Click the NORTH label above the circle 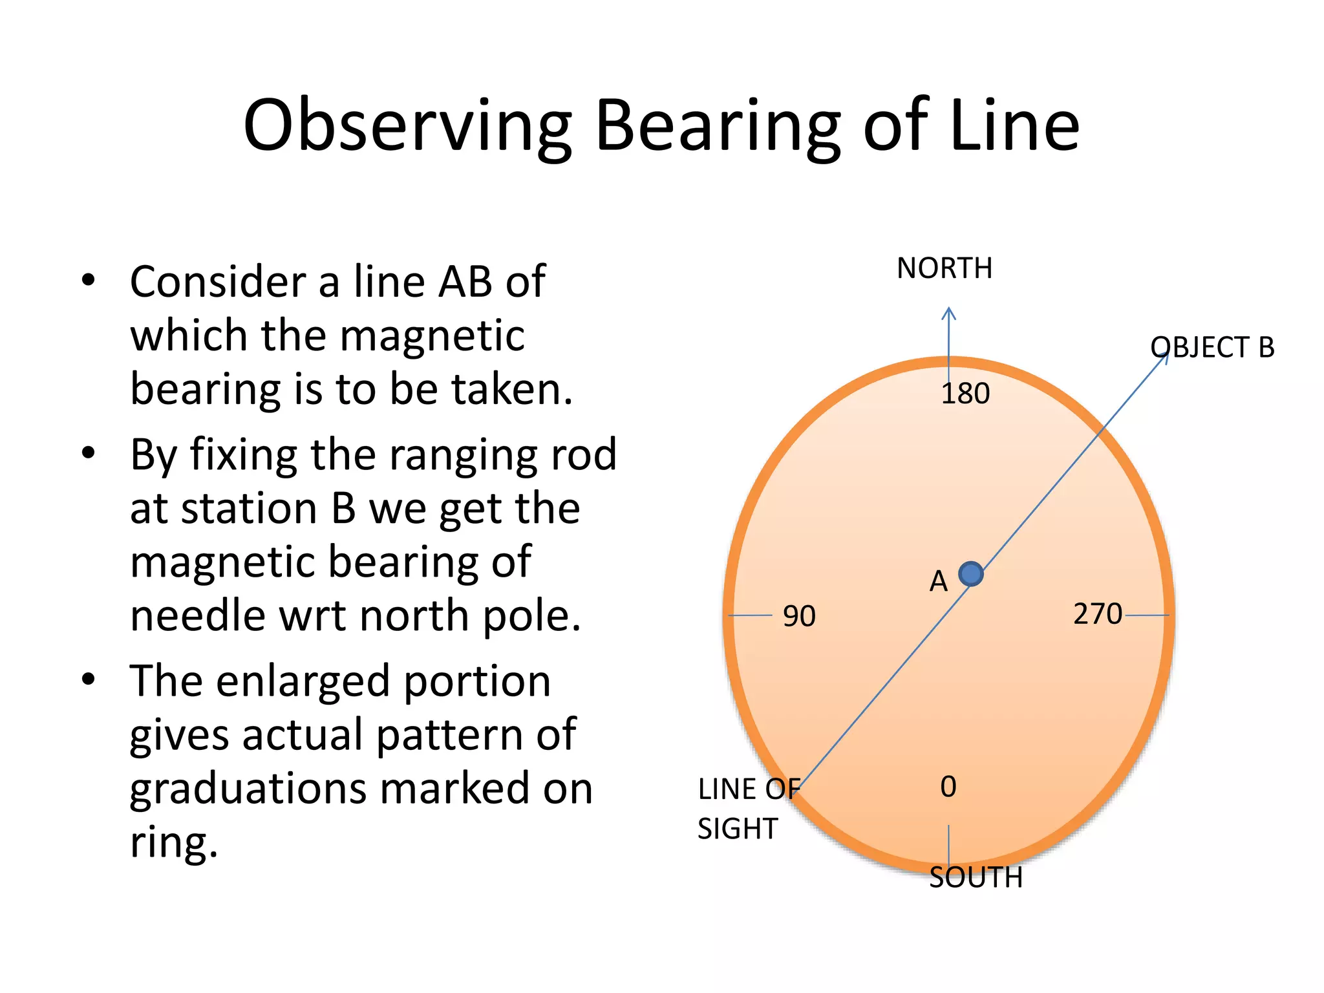click(944, 268)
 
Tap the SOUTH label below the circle click(976, 878)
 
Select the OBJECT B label click(1212, 348)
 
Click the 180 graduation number click(965, 394)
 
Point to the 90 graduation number click(799, 616)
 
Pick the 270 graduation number click(1097, 614)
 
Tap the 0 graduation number click(948, 787)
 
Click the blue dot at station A click(970, 573)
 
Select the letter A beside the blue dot click(938, 582)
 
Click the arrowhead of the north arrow click(948, 313)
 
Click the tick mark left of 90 click(750, 615)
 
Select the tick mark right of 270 click(1147, 615)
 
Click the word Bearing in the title click(717, 126)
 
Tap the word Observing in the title click(407, 126)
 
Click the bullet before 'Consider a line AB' click(89, 281)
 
